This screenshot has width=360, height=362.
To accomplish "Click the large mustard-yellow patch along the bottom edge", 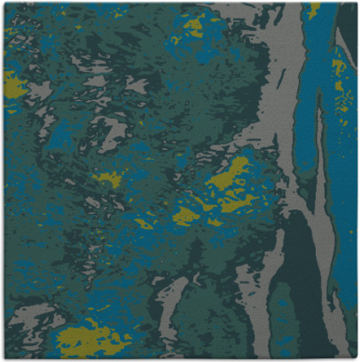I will pos(89,339).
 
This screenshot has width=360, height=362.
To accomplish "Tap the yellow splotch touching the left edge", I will pos(13,84).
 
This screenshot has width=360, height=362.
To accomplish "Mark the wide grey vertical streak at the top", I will pos(284,53).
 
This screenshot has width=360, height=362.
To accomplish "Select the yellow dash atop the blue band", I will pos(314,9).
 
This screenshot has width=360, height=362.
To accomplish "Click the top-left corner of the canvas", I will pos(4,4).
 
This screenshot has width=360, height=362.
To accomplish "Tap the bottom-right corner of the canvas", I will pos(356,358).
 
